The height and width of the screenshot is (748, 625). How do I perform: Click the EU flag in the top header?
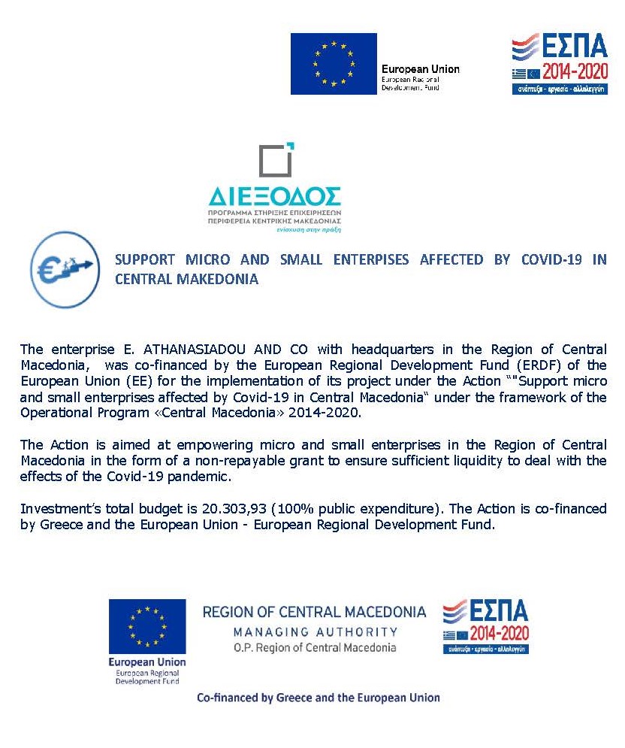(x=334, y=64)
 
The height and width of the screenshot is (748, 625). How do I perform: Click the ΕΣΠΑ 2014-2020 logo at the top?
(x=560, y=63)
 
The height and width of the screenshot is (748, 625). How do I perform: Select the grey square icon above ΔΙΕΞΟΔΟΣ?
(x=275, y=160)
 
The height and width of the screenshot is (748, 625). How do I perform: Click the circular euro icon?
(x=65, y=268)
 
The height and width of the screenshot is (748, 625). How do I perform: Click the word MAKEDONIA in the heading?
(x=223, y=279)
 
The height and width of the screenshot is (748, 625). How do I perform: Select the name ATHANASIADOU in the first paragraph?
(x=188, y=349)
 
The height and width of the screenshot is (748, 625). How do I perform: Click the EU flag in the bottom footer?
(x=147, y=626)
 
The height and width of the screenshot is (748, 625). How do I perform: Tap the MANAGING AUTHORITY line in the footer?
(x=315, y=631)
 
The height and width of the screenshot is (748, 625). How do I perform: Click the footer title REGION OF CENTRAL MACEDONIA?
(x=314, y=612)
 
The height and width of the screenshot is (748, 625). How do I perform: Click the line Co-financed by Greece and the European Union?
(x=318, y=697)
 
